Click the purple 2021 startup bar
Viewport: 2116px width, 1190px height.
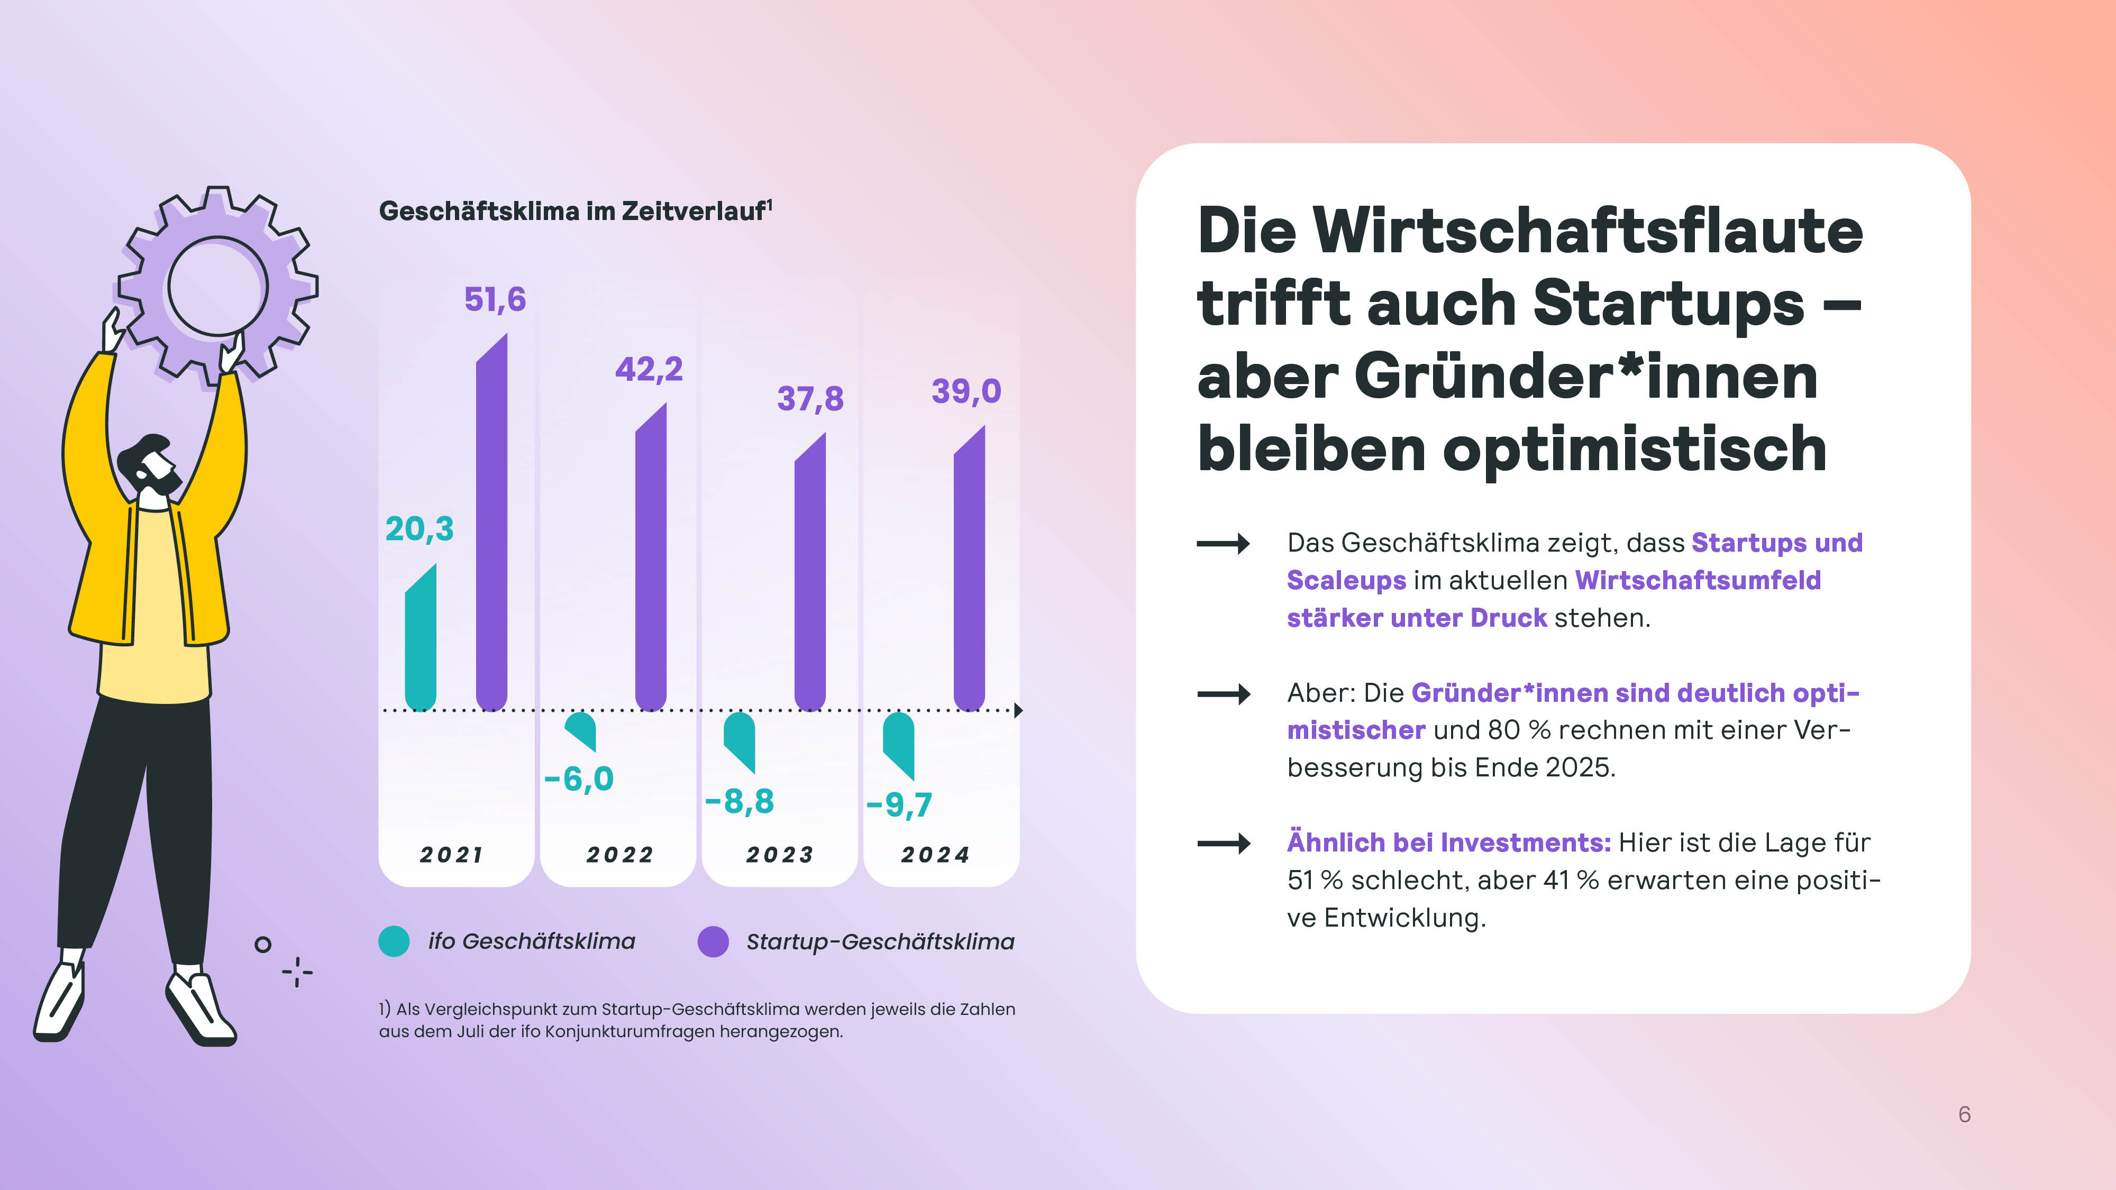coord(491,526)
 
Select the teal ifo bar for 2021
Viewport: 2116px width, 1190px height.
coord(421,640)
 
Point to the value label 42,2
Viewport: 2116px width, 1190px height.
coord(649,369)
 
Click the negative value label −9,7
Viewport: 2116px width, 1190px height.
coord(899,804)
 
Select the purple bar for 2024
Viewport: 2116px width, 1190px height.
coord(969,571)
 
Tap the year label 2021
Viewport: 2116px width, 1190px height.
coord(451,855)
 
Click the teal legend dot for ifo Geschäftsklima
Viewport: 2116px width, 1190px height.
coord(394,941)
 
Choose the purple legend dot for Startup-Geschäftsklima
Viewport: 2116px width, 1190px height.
coord(712,941)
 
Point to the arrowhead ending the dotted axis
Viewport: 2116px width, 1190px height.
coord(1018,710)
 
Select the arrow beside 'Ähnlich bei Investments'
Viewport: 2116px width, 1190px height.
coord(1223,844)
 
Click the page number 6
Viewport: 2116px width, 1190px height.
coord(1964,1114)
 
